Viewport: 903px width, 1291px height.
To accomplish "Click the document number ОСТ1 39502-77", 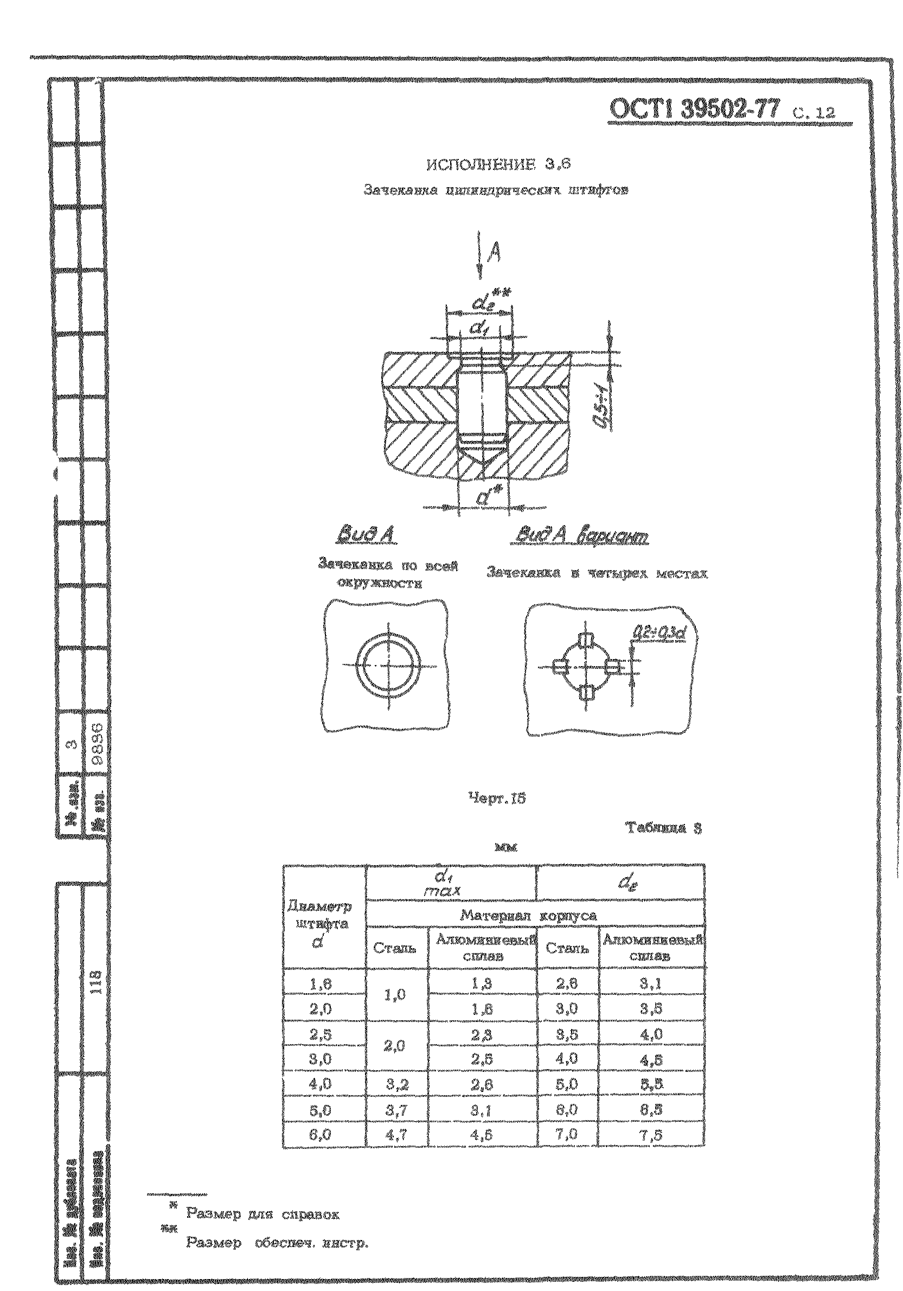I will [x=695, y=111].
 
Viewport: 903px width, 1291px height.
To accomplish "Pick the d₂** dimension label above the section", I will [x=484, y=305].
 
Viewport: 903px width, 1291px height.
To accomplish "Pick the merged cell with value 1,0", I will [x=396, y=995].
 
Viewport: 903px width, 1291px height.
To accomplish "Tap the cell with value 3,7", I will [x=396, y=1108].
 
